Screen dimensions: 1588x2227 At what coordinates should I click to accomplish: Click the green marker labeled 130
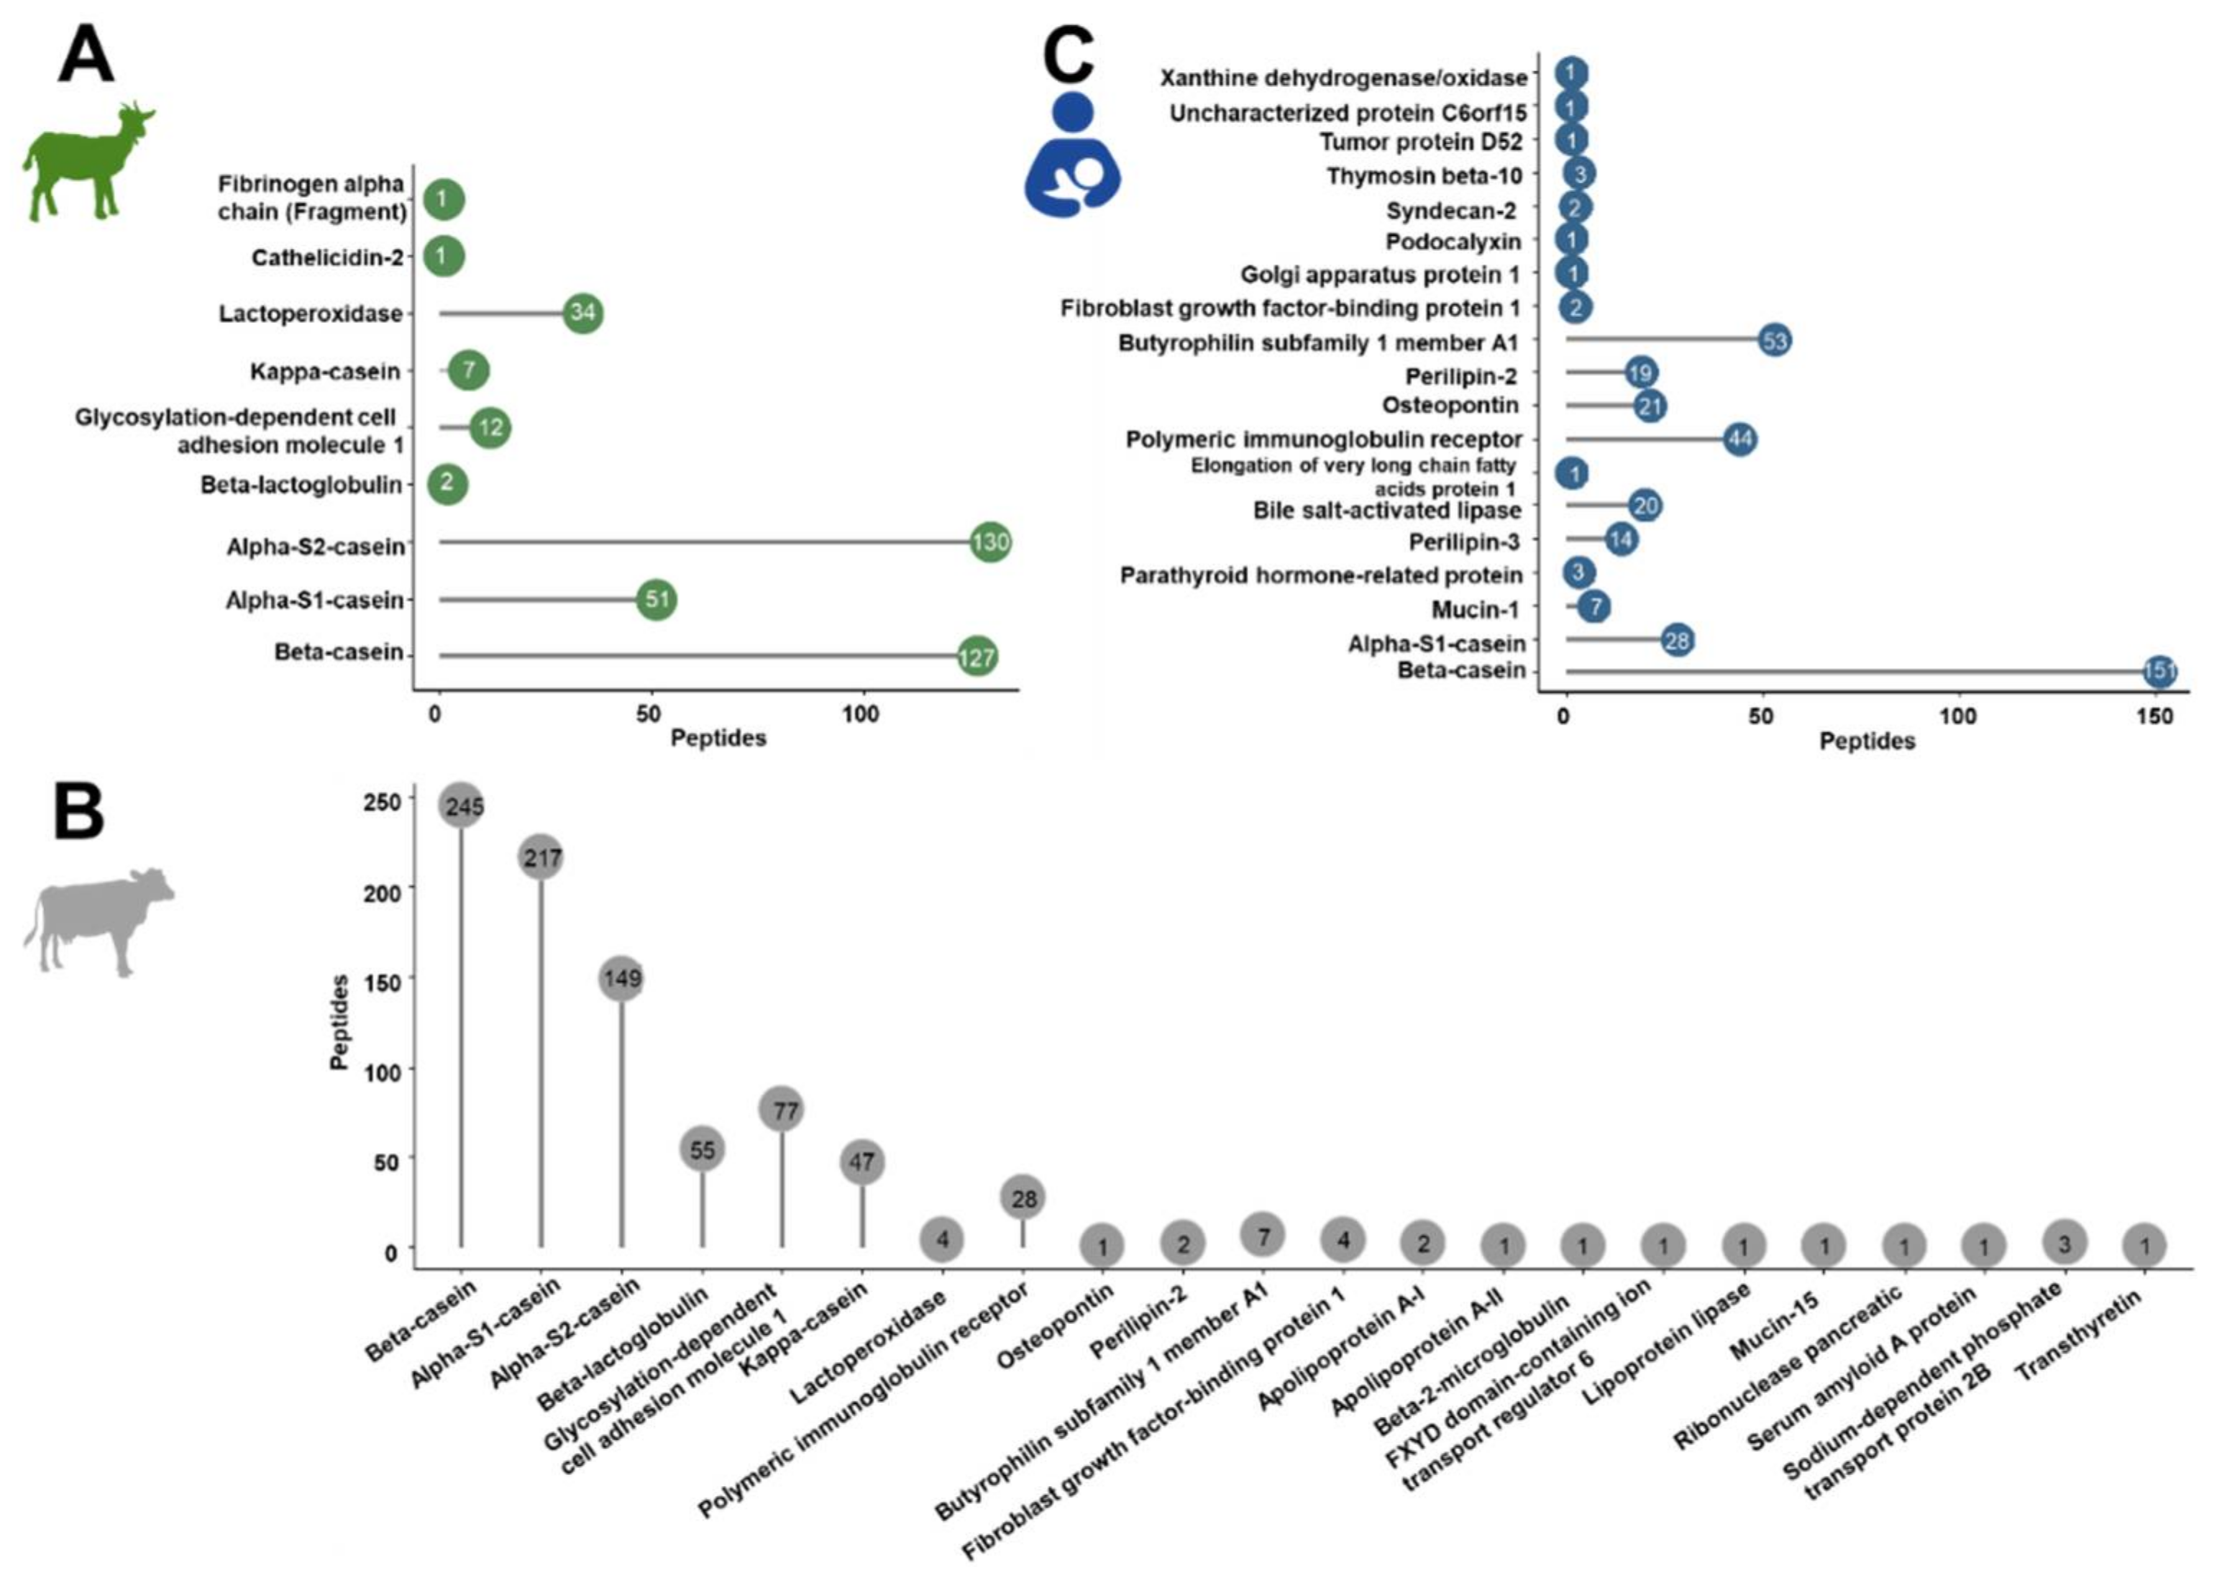coord(989,542)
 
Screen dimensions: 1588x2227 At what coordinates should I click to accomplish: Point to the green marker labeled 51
coord(656,599)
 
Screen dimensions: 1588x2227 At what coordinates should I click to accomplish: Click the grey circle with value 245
coord(462,806)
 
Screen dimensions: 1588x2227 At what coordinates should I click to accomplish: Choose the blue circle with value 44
coord(1739,439)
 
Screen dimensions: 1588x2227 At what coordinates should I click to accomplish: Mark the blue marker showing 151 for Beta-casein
coord(2159,672)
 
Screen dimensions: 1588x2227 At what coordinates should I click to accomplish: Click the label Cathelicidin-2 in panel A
coord(326,258)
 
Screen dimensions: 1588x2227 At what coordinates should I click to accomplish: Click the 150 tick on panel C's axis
coord(2154,717)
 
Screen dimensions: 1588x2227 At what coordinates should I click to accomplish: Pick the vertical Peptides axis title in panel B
coord(340,1022)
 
